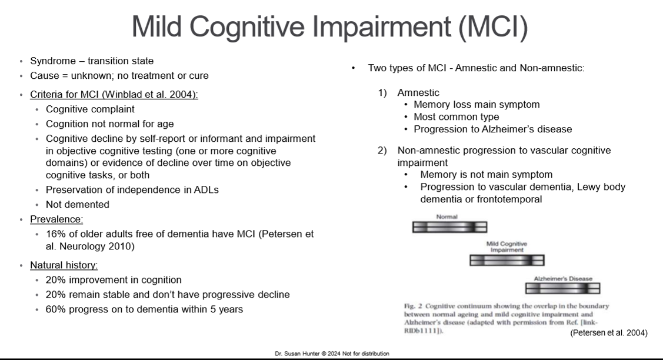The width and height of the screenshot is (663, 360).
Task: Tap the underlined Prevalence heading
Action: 56,219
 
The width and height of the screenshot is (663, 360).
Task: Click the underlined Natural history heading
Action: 64,265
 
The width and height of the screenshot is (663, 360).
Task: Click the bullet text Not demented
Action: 77,204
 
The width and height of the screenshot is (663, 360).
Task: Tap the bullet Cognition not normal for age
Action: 109,124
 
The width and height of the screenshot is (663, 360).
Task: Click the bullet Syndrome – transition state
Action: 91,61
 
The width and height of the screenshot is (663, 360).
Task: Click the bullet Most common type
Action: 456,116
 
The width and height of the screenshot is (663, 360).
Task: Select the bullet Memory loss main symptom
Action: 477,105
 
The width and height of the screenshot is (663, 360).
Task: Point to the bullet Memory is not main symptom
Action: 486,174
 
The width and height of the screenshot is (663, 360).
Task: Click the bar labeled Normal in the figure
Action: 449,226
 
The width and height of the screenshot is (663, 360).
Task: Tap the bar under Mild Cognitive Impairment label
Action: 507,259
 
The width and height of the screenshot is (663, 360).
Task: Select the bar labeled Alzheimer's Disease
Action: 562,288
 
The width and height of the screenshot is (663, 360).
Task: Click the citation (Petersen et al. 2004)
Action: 609,333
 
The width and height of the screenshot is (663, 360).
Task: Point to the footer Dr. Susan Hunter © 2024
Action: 331,354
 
